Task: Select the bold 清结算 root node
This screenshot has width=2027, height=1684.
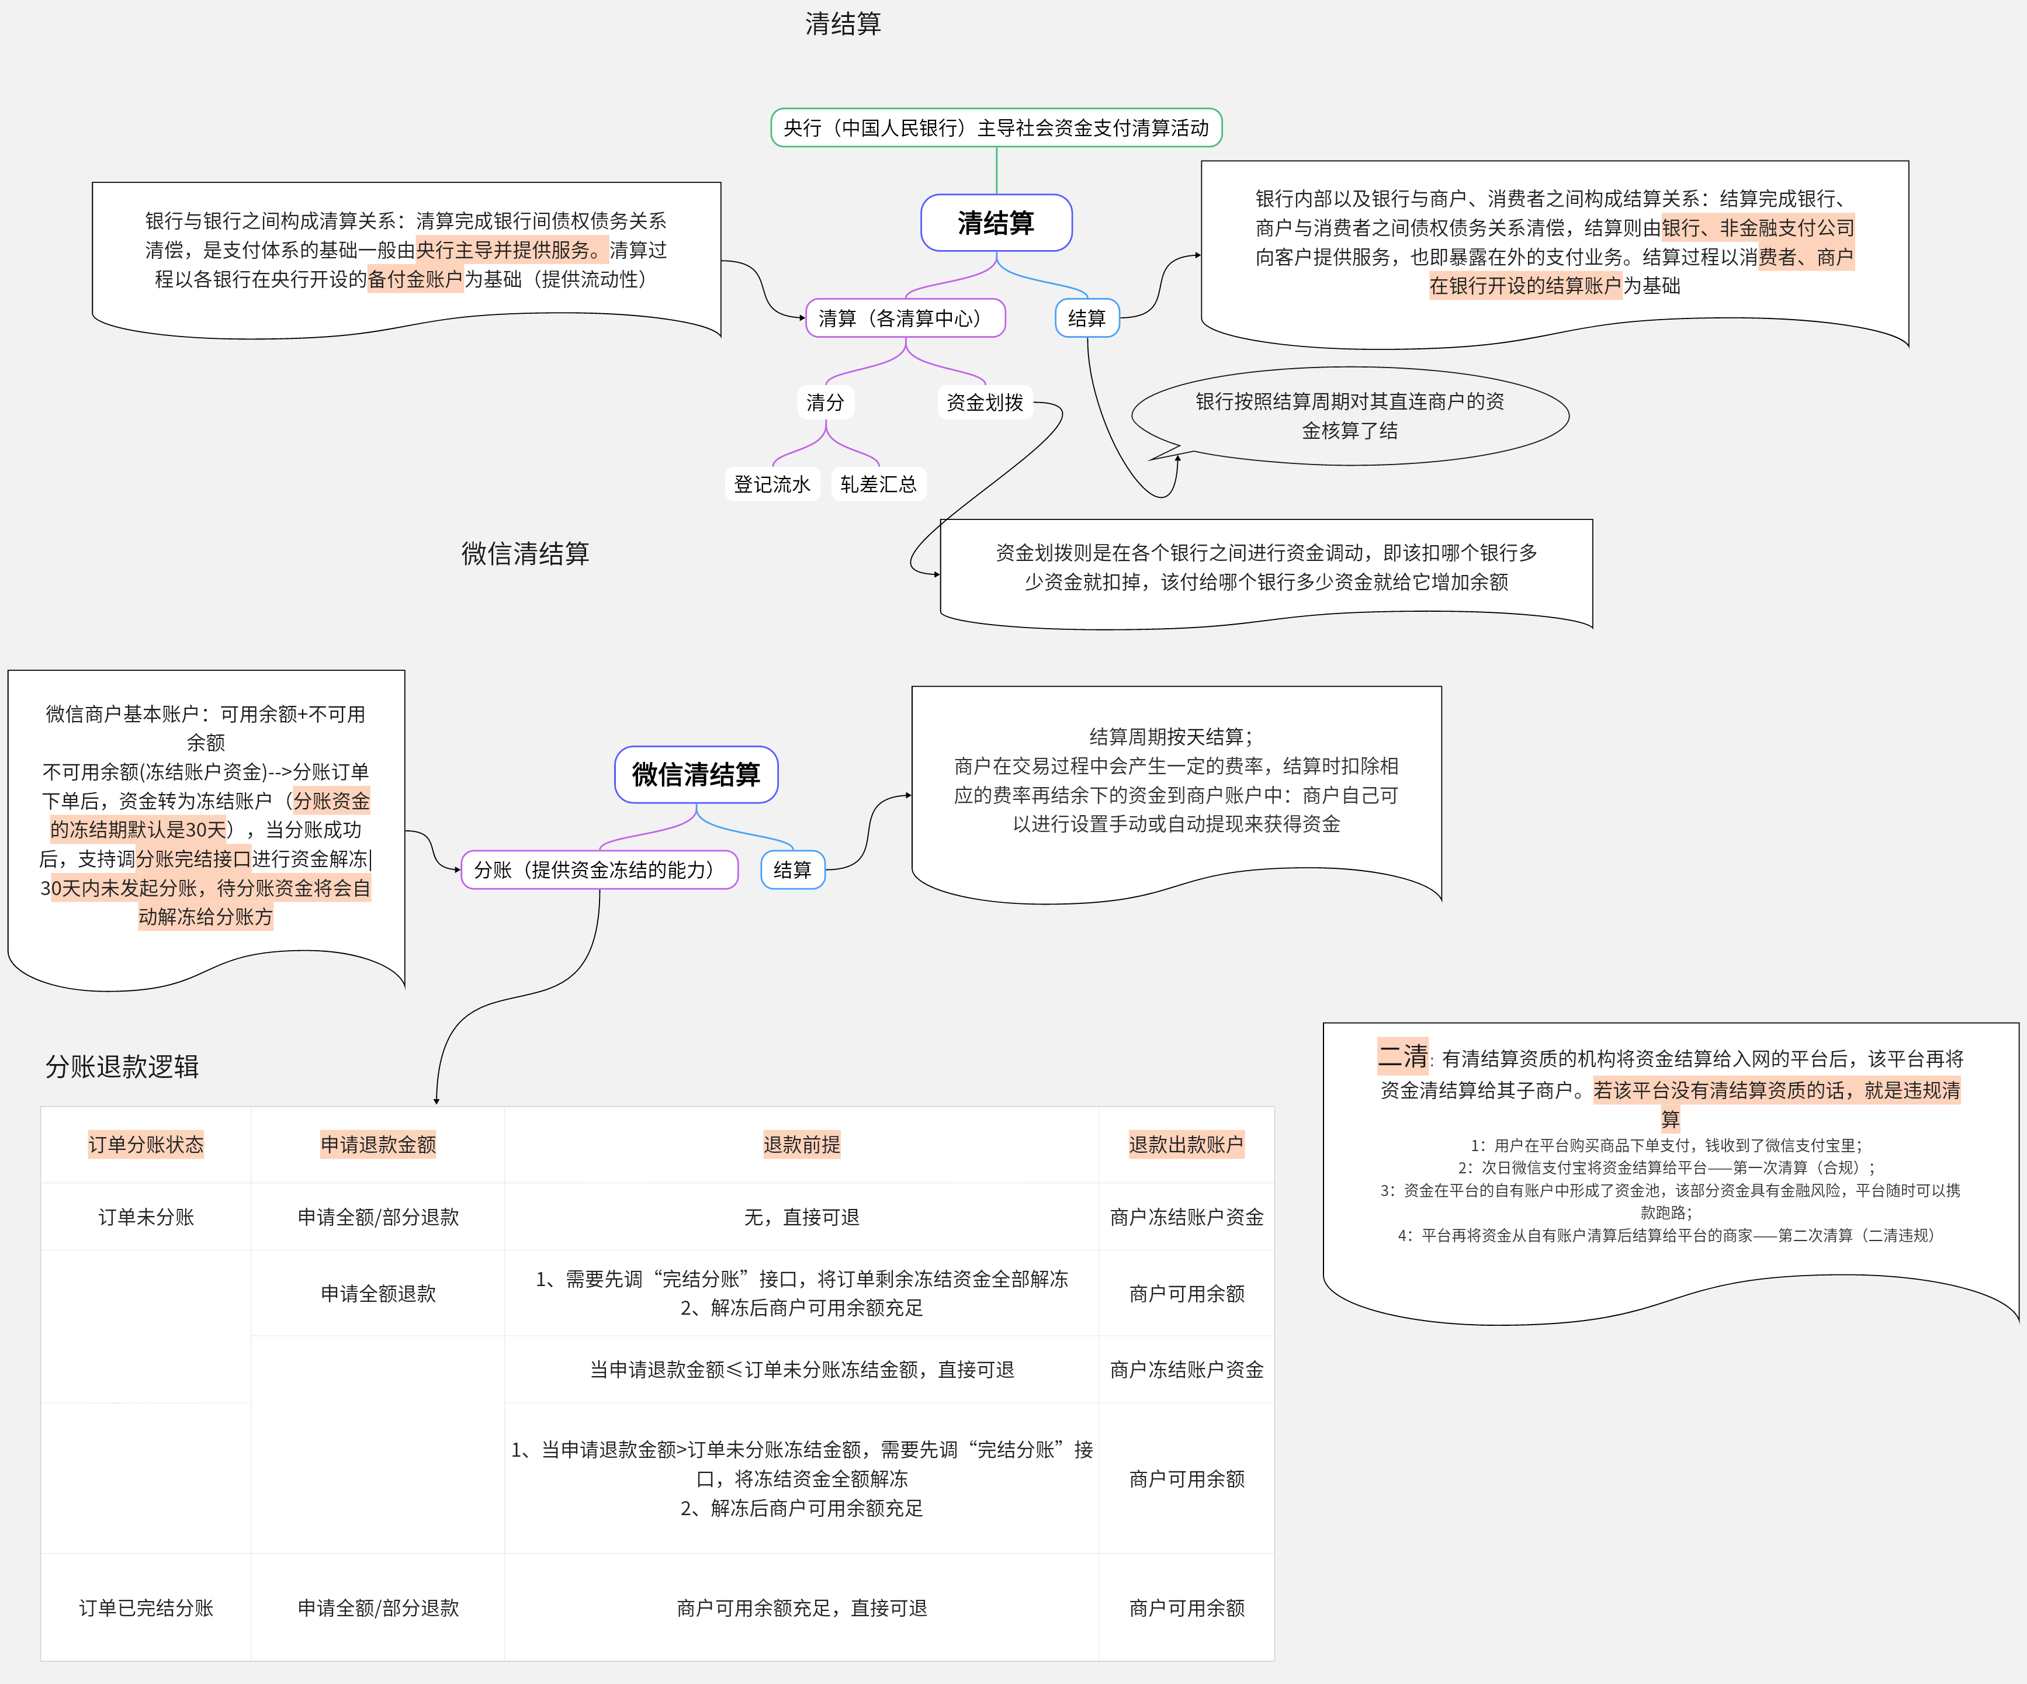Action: point(996,223)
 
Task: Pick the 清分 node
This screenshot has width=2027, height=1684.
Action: point(825,403)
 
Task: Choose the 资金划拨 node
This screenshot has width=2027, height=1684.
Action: point(985,403)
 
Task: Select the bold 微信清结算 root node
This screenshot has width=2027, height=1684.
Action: point(696,774)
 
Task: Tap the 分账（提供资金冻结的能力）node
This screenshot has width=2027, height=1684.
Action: point(600,869)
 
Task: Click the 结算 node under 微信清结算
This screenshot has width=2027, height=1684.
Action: point(792,869)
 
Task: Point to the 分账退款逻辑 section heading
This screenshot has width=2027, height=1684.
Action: point(123,1066)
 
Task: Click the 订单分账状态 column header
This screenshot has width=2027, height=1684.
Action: point(145,1145)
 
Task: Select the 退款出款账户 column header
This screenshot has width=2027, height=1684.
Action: point(1186,1145)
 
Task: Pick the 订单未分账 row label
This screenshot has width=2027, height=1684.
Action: point(145,1217)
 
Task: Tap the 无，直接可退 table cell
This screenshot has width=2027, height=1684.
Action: point(801,1217)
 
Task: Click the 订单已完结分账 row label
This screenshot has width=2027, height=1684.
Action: point(145,1608)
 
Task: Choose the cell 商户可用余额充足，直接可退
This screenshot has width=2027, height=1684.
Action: point(801,1608)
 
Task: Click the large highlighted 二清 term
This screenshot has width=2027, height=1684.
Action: point(1402,1056)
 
